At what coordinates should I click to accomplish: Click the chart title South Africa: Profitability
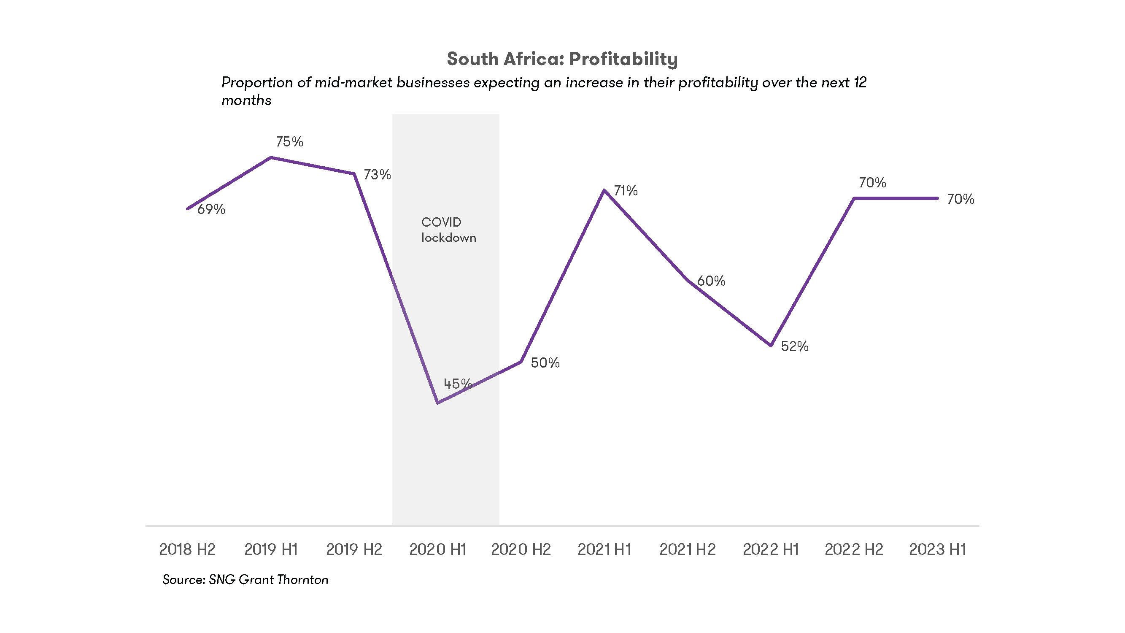(x=562, y=59)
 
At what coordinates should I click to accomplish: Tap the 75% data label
(x=289, y=141)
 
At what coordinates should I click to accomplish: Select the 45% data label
(x=457, y=384)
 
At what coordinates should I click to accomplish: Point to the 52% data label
(x=794, y=346)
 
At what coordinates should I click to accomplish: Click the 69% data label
(x=211, y=209)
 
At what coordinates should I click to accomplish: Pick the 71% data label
(x=626, y=190)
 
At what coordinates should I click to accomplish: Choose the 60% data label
(x=711, y=281)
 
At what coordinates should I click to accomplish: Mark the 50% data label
(x=545, y=362)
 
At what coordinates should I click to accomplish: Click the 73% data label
(x=377, y=175)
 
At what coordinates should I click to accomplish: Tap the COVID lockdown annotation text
(x=448, y=230)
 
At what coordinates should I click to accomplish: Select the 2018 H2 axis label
(x=187, y=549)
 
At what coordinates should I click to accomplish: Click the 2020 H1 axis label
(x=437, y=549)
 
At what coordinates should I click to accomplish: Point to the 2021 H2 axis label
(x=688, y=549)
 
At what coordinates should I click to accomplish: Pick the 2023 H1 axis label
(x=937, y=549)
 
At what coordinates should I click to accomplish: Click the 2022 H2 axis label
(x=854, y=549)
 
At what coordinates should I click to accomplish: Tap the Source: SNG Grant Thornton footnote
(x=245, y=580)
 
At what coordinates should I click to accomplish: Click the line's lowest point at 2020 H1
(x=437, y=402)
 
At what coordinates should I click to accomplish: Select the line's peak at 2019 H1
(x=271, y=158)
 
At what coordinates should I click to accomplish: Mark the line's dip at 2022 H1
(x=771, y=346)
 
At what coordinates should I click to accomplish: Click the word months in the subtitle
(x=246, y=100)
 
